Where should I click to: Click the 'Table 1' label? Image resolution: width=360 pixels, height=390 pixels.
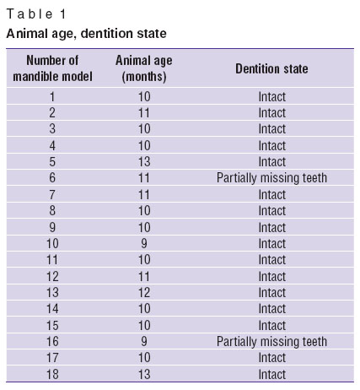point(36,14)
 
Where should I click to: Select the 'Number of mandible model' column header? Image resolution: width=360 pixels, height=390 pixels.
point(52,68)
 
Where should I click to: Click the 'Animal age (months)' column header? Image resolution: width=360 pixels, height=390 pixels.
point(144,68)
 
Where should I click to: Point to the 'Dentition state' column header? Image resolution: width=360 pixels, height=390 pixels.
point(271,68)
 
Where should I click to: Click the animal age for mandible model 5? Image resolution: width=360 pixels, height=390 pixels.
point(144,161)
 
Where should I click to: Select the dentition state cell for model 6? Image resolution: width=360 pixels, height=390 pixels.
point(271,178)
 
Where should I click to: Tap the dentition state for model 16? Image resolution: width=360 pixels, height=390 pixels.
point(271,342)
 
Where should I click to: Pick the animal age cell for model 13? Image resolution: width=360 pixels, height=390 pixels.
point(144,293)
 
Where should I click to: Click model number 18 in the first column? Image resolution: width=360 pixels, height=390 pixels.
point(52,375)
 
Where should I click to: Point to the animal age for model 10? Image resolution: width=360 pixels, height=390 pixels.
point(144,243)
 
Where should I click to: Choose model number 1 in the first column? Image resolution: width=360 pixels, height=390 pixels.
point(52,97)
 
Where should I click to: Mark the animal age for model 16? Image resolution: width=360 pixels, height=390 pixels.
point(144,342)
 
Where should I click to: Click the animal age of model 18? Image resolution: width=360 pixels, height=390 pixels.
point(144,375)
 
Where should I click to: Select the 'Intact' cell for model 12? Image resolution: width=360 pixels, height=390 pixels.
point(271,276)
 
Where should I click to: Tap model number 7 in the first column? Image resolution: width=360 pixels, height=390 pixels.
point(52,194)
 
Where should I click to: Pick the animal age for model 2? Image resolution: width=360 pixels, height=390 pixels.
point(144,113)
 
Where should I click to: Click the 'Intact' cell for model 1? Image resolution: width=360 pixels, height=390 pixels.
point(271,97)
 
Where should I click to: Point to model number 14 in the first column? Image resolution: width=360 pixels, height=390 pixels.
point(52,309)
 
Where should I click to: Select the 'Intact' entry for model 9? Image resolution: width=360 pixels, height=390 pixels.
point(271,227)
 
